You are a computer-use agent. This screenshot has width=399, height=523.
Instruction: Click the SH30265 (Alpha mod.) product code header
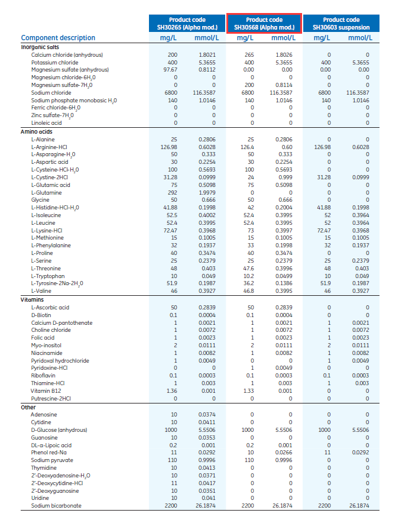point(188,24)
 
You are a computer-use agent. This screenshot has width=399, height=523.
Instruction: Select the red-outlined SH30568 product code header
point(264,24)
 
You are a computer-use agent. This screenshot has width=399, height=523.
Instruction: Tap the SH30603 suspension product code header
point(341,24)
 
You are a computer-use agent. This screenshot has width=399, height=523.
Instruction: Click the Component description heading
point(58,38)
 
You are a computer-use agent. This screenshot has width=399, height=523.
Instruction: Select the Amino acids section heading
point(37,131)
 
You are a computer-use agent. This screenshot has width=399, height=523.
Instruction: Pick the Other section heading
point(28,407)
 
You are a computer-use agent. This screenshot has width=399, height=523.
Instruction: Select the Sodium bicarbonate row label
point(57,506)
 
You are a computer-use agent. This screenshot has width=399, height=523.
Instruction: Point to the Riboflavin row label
point(43,376)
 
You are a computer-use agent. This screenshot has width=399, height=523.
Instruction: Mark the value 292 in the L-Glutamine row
point(172,192)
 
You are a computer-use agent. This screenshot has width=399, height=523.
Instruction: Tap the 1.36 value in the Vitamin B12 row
point(171,390)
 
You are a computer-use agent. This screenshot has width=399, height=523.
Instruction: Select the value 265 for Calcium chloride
point(248,55)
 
